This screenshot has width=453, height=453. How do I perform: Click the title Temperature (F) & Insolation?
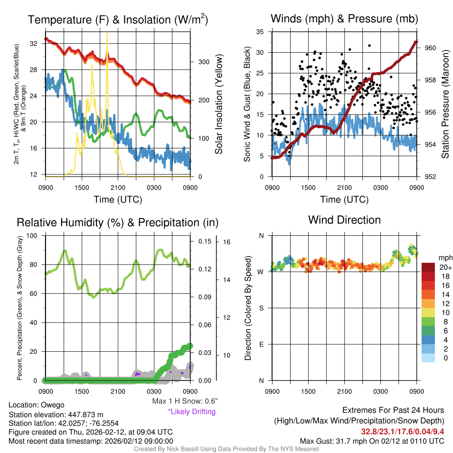coord(118,20)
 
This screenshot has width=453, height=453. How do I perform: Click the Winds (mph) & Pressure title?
coord(344,19)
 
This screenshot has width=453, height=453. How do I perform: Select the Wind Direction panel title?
coord(344,220)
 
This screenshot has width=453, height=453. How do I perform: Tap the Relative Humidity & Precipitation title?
coord(117,223)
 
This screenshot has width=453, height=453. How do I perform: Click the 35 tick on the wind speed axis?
coord(260,32)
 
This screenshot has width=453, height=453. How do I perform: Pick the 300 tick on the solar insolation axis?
coord(203,62)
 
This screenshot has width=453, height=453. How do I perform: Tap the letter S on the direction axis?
coord(261,308)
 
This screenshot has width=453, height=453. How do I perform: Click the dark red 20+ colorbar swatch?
coord(429,267)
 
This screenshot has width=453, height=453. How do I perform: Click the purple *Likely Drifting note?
coord(192,412)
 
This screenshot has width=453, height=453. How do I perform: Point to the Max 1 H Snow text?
coord(184,401)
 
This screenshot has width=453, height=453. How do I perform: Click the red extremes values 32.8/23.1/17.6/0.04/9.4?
coord(403,431)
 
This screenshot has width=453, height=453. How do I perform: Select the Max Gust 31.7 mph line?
coord(372,441)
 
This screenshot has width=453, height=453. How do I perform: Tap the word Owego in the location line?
coord(53,405)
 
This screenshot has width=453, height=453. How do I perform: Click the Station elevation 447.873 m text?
coord(56,415)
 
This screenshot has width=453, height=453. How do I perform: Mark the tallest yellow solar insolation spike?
coord(107,34)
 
